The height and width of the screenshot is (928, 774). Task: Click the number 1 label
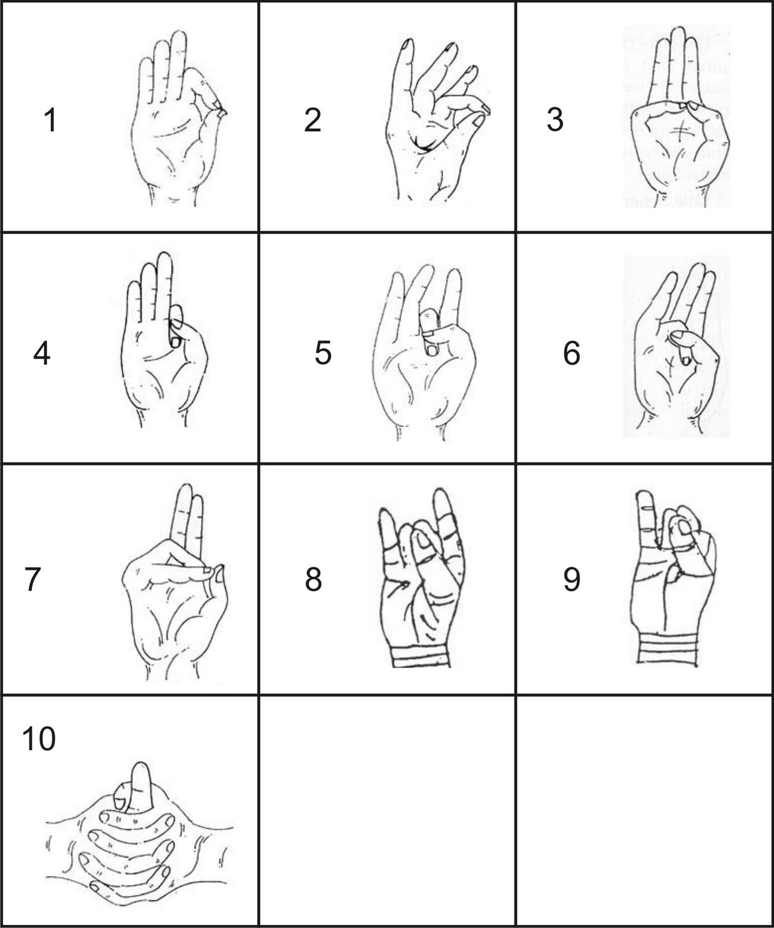pos(50,121)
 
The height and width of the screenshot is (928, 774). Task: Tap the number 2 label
pos(312,120)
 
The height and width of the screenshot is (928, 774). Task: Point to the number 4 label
pos(41,353)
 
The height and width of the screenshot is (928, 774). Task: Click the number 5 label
pos(323,353)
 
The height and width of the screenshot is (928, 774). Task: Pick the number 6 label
pos(571,353)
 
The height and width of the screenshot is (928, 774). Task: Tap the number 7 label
pos(32,579)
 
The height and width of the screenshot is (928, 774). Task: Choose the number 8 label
pos(313,579)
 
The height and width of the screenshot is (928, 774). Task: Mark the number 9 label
pos(571,579)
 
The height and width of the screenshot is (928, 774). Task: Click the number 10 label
pos(39,739)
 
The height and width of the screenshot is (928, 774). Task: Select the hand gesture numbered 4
pos(164,339)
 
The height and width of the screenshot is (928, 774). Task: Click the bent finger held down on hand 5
pos(429,332)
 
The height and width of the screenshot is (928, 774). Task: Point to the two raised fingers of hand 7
pos(189,519)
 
